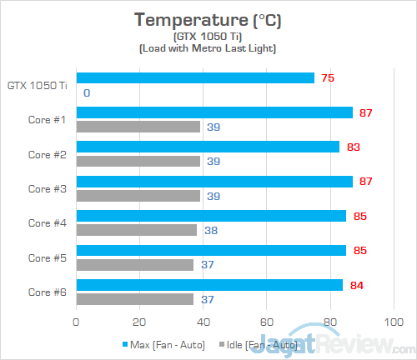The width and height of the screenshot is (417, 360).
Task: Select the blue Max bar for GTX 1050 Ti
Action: click(x=195, y=78)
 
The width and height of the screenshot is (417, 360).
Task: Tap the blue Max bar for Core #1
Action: click(x=214, y=112)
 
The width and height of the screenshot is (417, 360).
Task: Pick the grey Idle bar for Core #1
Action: click(x=138, y=127)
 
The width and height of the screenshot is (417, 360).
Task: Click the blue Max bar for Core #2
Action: click(x=208, y=147)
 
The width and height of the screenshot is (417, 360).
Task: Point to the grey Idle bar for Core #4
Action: click(x=137, y=230)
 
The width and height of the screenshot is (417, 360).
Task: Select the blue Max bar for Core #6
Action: click(x=209, y=285)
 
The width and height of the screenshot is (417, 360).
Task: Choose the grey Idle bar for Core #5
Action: click(x=135, y=264)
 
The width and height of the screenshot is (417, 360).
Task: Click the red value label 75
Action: click(x=329, y=78)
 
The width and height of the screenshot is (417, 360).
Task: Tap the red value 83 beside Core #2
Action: click(x=354, y=147)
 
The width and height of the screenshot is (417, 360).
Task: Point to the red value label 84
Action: click(x=357, y=285)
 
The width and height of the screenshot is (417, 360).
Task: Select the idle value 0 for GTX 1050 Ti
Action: click(x=87, y=92)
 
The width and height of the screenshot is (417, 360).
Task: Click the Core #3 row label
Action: click(x=47, y=188)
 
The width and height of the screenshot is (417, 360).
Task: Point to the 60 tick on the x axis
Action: click(x=267, y=321)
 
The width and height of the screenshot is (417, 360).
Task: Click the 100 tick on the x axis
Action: click(x=393, y=321)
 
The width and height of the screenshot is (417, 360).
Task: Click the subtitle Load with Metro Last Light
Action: click(x=208, y=49)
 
